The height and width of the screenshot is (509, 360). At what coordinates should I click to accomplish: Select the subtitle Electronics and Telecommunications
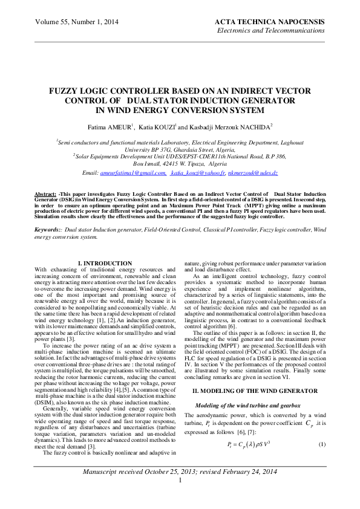[270, 30]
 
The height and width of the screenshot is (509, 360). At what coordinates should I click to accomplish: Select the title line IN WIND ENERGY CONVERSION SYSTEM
[180, 111]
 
